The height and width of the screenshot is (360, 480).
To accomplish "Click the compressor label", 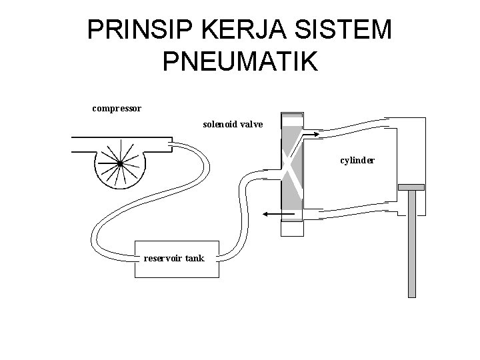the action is [116, 107].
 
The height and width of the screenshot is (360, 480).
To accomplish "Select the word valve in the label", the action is [253, 125].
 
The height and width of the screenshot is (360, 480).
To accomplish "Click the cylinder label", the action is [357, 161].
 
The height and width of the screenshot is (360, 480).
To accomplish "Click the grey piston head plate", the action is [411, 187].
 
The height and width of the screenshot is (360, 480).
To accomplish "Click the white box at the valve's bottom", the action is [291, 228].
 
